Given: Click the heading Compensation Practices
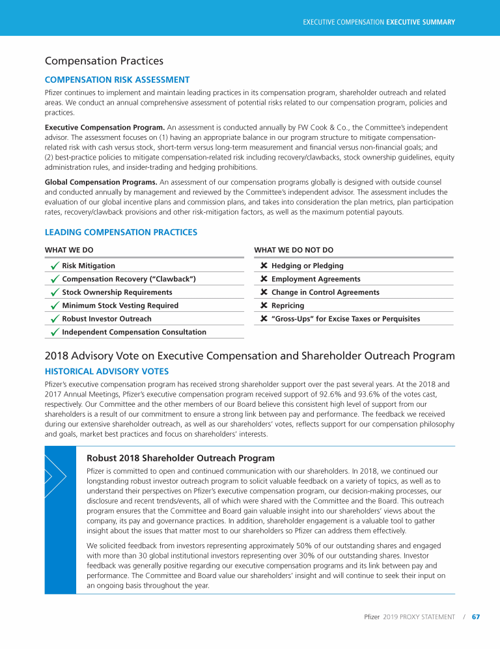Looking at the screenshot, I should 104,61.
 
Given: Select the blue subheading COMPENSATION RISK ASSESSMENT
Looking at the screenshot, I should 117,79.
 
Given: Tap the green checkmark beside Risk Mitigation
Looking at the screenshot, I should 54,266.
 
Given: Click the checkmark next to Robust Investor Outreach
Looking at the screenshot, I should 54,319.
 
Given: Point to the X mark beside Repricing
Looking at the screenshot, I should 264,305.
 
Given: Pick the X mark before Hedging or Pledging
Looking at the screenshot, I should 264,266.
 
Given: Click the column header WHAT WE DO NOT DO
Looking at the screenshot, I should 293,249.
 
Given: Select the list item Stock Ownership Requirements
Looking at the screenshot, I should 117,292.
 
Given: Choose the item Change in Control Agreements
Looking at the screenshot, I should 325,292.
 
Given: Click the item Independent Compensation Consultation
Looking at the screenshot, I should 134,332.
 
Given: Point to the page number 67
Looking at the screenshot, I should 476,616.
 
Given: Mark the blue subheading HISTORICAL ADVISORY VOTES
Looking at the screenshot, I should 107,371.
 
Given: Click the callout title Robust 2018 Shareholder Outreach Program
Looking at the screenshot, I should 180,458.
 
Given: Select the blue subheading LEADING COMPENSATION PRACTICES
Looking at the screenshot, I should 120,232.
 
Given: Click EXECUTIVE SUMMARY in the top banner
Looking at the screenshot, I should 421,22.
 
